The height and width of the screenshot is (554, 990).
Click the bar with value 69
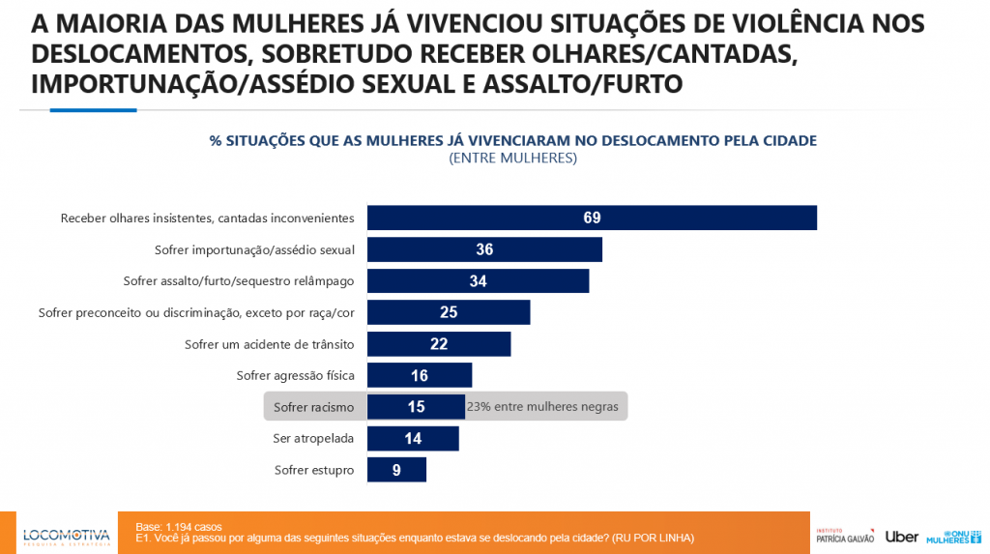592,218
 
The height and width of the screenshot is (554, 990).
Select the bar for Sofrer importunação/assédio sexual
484,249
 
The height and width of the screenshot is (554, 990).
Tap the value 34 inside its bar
478,281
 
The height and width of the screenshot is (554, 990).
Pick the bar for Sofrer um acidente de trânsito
439,344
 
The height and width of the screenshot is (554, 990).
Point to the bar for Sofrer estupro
396,470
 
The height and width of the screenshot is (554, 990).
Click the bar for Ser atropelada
413,438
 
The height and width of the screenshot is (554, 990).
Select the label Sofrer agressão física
295,375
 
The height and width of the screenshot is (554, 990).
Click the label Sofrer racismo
313,407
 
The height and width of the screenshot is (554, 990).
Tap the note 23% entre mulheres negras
542,407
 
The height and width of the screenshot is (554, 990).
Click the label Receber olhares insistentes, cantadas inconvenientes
207,219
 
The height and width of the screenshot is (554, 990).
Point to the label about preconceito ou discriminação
196,312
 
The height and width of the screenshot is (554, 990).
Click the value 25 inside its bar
449,312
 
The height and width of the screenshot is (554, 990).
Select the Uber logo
901,537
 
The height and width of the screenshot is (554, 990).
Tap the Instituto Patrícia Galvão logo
844,536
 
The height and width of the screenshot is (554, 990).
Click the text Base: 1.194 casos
179,527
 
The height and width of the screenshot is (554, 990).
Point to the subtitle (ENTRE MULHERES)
512,158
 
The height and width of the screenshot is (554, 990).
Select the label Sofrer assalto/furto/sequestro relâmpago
239,281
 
